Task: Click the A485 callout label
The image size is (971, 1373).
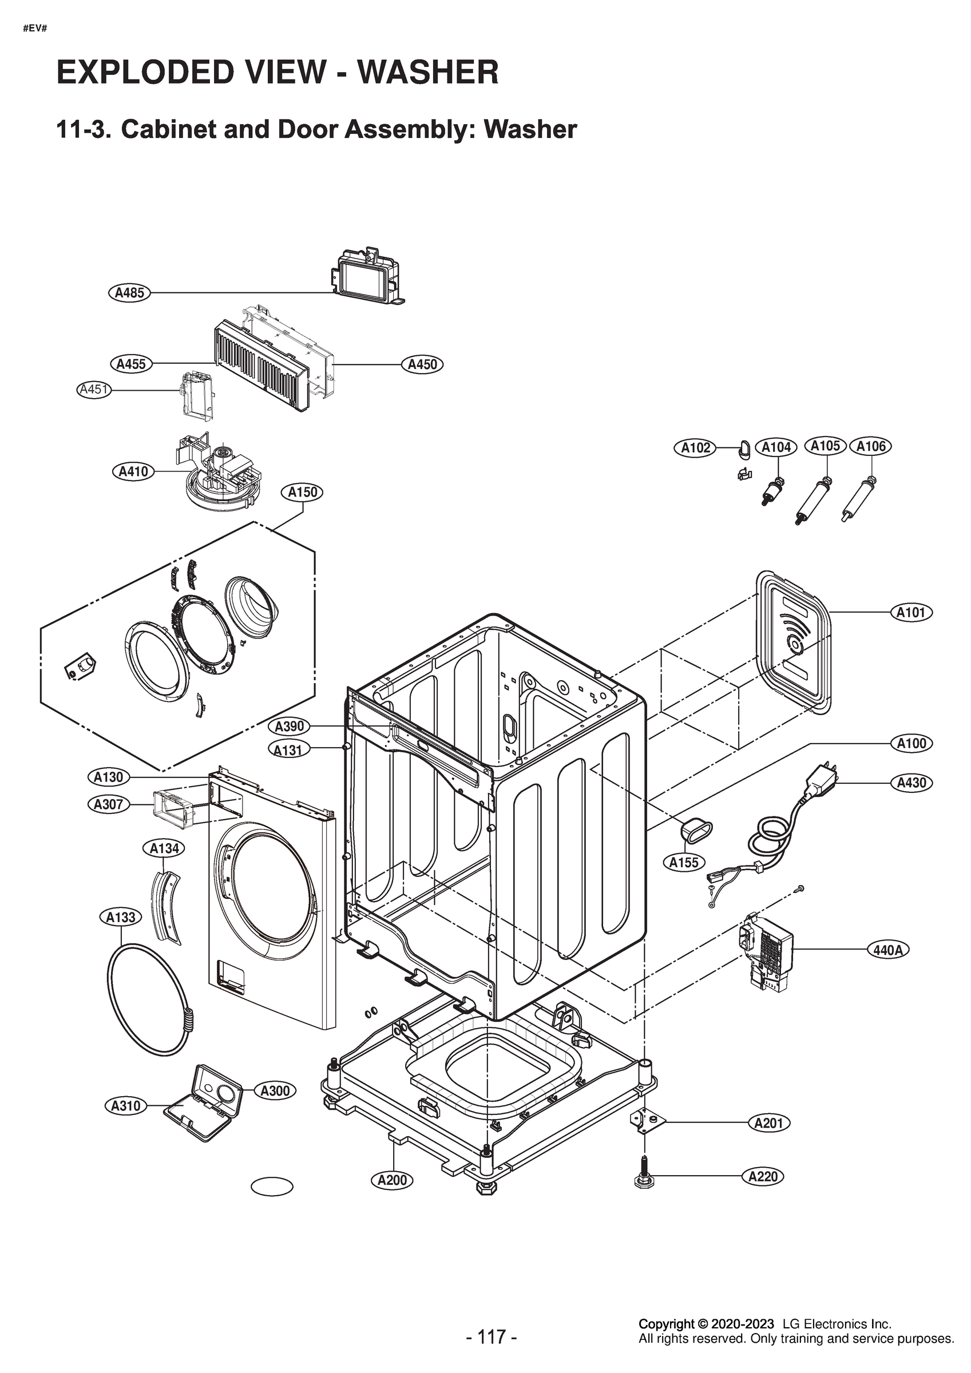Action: tap(129, 292)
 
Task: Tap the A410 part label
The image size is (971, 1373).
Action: tap(133, 471)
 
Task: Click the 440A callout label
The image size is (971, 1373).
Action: tap(888, 950)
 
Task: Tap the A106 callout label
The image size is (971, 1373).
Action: tap(870, 446)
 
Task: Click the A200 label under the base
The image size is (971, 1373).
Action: tap(392, 1180)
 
